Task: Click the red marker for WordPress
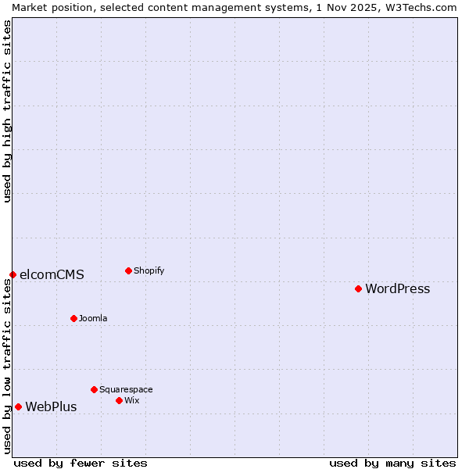pyautogui.click(x=358, y=288)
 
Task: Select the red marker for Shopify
pyautogui.click(x=128, y=270)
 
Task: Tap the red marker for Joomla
pyautogui.click(x=73, y=318)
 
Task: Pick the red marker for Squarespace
pyautogui.click(x=94, y=389)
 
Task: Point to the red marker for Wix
pyautogui.click(x=119, y=400)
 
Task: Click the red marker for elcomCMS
pyautogui.click(x=13, y=274)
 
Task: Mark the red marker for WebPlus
pyautogui.click(x=18, y=406)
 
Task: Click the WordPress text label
pyautogui.click(x=397, y=289)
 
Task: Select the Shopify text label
pyautogui.click(x=149, y=271)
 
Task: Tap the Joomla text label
pyautogui.click(x=93, y=319)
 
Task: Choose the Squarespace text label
pyautogui.click(x=126, y=390)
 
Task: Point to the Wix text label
pyautogui.click(x=131, y=401)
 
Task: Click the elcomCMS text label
pyautogui.click(x=52, y=275)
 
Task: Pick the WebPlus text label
pyautogui.click(x=51, y=407)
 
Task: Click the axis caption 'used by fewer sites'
pyautogui.click(x=81, y=463)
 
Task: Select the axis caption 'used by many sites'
pyautogui.click(x=392, y=463)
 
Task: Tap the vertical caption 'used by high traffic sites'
pyautogui.click(x=7, y=111)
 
